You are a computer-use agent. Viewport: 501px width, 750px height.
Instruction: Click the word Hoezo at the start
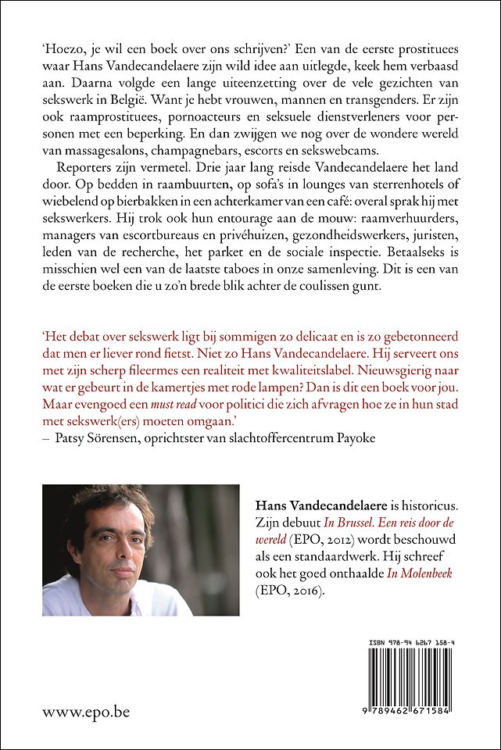[62, 47]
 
